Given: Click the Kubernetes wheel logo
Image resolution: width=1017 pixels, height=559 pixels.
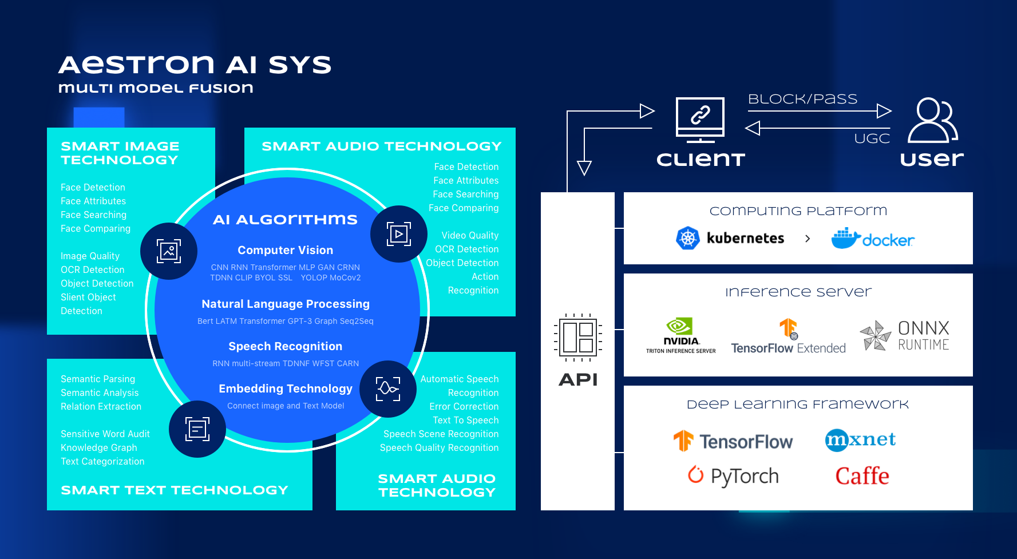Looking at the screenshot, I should click(688, 238).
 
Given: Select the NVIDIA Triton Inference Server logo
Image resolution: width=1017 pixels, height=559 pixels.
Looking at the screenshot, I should click(680, 335).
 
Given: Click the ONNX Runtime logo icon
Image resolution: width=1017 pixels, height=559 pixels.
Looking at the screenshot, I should click(875, 335).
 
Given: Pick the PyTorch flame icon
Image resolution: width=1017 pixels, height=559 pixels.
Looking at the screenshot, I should click(695, 474).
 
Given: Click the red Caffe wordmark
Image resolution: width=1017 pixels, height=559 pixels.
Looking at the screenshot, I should click(862, 476).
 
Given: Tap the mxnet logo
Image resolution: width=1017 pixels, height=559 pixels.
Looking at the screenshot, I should click(860, 440).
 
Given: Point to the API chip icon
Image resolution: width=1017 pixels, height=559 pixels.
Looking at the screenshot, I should click(578, 338).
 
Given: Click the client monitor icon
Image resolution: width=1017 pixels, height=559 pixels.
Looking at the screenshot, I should click(700, 119).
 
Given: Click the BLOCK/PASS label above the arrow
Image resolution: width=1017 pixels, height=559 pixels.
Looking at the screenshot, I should click(802, 99).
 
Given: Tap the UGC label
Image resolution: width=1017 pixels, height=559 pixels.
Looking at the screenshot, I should click(872, 138).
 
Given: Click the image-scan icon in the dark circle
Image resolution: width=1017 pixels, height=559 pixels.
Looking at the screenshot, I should click(169, 251).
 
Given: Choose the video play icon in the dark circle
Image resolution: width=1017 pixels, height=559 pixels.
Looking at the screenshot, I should click(399, 234).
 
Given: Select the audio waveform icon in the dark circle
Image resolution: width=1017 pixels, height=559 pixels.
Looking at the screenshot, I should click(387, 389).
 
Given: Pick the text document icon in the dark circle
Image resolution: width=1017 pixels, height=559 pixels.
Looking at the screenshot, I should click(197, 429).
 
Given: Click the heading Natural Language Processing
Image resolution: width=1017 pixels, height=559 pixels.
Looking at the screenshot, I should click(285, 304).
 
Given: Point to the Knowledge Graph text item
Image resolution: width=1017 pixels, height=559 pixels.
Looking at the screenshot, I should click(99, 447).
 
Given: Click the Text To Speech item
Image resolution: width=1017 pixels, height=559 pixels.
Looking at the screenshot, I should click(465, 420).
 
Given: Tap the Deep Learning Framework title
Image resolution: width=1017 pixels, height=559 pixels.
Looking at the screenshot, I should click(797, 405).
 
